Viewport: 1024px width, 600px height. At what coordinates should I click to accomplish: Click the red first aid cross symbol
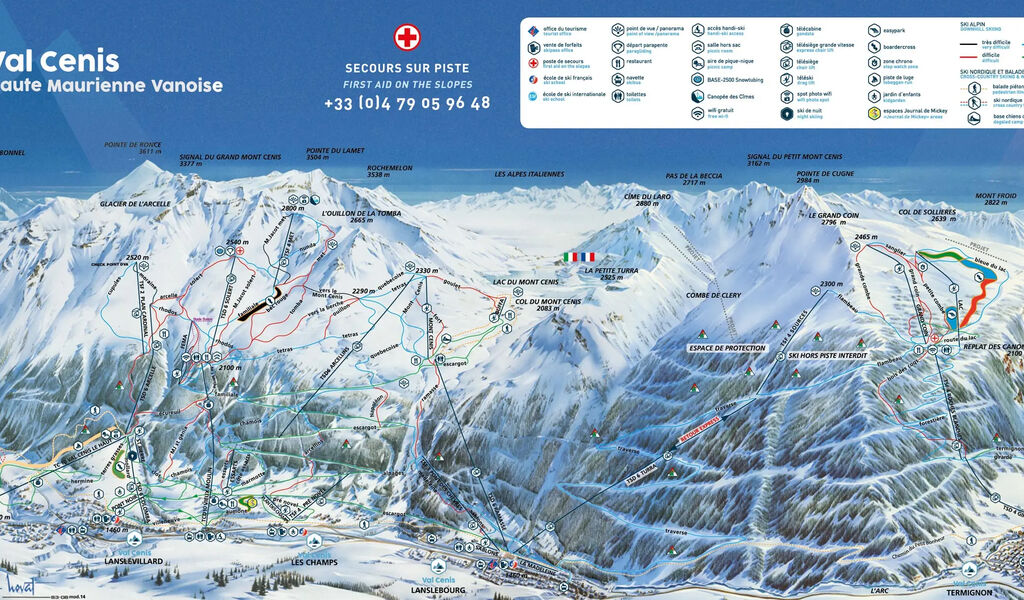(407, 38)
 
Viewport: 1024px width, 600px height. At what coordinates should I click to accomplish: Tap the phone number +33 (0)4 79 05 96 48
(407, 102)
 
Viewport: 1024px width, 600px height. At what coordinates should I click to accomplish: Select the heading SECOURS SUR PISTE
(407, 67)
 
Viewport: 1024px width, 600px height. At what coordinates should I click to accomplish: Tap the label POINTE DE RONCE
(133, 144)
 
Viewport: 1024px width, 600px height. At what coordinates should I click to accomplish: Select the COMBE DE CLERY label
(712, 296)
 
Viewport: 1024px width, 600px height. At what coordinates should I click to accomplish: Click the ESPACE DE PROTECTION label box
(726, 348)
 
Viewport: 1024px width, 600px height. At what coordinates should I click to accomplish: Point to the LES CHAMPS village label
(314, 562)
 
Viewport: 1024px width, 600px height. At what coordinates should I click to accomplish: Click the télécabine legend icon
(786, 30)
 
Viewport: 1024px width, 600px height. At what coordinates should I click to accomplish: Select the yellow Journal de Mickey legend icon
(874, 113)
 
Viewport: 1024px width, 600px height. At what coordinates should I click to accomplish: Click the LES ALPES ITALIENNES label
(529, 174)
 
